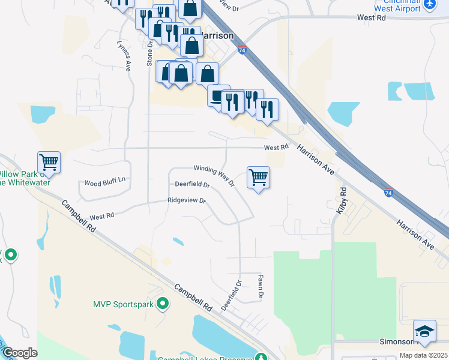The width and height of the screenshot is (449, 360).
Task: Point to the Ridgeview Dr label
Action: pyautogui.click(x=187, y=200)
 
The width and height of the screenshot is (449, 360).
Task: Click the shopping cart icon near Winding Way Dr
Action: pyautogui.click(x=258, y=177)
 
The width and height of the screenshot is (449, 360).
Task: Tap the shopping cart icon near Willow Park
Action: pyautogui.click(x=49, y=162)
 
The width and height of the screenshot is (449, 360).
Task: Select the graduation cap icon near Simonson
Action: pyautogui.click(x=424, y=331)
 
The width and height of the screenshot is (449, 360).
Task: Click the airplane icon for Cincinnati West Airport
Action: pyautogui.click(x=430, y=5)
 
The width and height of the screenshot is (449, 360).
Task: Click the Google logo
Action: pyautogui.click(x=19, y=353)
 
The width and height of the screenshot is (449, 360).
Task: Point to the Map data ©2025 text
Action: pyautogui.click(x=423, y=355)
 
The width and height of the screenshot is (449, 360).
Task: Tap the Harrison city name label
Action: pyautogui.click(x=215, y=35)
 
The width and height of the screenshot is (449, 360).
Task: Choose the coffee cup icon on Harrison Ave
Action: pyautogui.click(x=218, y=95)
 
